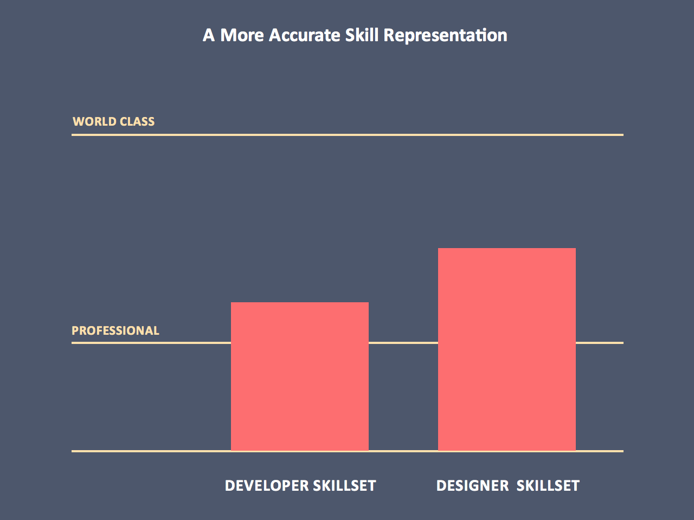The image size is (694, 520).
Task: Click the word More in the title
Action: tap(242, 35)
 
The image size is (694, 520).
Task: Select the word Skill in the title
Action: tap(362, 35)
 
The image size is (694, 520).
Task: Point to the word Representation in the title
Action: tap(445, 36)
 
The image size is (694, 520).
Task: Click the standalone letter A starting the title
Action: tap(209, 36)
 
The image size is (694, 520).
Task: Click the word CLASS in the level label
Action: tap(137, 121)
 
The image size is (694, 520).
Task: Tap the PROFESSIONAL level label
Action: tap(115, 330)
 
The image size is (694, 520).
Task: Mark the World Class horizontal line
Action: tap(347, 134)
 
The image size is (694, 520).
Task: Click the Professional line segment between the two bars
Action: tap(403, 342)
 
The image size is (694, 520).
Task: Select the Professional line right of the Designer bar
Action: tap(599, 342)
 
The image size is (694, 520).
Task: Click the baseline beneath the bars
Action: tap(152, 451)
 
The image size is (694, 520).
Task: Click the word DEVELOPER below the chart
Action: tap(260, 485)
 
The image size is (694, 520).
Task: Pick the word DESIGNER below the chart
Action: tap(472, 485)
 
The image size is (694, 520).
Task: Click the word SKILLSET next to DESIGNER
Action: tap(548, 485)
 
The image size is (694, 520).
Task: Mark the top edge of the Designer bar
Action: tap(507, 249)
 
